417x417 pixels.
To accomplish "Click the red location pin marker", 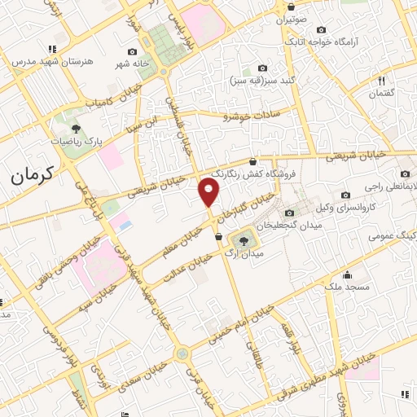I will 210,192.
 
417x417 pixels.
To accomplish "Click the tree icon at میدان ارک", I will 242,240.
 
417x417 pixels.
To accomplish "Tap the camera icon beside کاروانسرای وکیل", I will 345,195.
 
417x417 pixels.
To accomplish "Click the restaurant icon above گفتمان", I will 380,80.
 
